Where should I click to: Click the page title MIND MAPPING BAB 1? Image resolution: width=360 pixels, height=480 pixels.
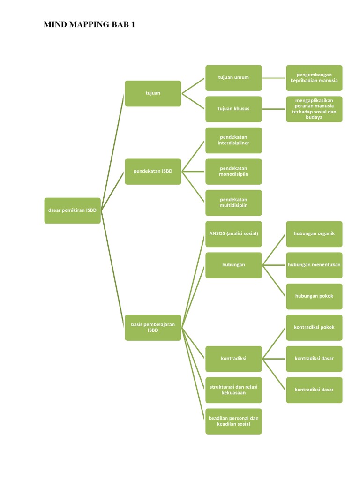tap(89, 25)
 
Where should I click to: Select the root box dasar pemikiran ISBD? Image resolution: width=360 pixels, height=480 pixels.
tap(73, 210)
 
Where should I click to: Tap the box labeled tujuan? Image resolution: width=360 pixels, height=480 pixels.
tap(153, 93)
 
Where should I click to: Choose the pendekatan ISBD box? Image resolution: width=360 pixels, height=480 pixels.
tap(153, 171)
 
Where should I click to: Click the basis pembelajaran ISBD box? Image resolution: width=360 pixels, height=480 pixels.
tap(153, 327)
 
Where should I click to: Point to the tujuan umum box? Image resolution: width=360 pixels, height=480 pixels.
tap(233, 77)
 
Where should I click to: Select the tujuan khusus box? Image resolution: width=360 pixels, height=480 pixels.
tap(233, 109)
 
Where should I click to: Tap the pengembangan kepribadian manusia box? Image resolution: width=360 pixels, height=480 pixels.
tap(314, 77)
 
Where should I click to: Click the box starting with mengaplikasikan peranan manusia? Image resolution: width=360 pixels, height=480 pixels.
tap(314, 109)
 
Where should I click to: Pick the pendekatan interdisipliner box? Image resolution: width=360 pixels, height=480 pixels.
tap(233, 140)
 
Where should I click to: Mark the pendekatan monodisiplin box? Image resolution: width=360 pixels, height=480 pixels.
tap(233, 171)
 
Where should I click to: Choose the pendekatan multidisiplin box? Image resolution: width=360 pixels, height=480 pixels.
tap(233, 202)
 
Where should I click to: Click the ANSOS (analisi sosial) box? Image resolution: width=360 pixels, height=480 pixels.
tap(233, 233)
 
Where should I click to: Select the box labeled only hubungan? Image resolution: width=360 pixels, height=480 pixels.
tap(233, 265)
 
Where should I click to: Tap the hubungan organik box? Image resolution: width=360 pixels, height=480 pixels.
tap(314, 233)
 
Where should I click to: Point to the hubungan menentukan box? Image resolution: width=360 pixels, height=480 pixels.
tap(314, 265)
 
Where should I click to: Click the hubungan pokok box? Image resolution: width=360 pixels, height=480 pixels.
tap(314, 296)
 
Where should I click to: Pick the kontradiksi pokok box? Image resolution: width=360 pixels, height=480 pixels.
tap(314, 327)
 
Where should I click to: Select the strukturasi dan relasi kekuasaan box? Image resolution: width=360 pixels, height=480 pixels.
tap(233, 390)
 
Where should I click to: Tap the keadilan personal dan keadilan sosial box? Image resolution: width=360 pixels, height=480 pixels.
tap(233, 421)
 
